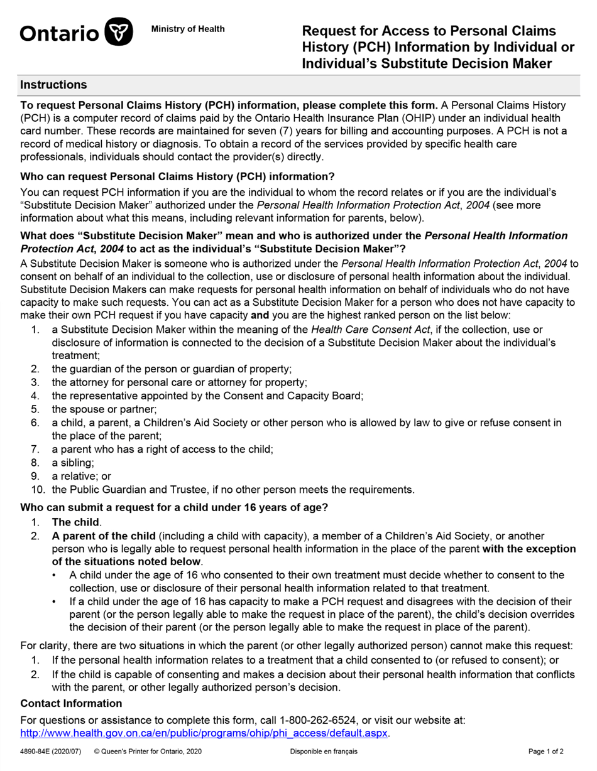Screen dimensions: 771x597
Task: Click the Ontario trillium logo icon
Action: (118, 32)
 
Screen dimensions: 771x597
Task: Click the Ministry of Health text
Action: (188, 29)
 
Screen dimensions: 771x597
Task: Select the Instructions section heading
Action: (53, 85)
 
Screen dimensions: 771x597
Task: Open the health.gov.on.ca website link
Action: (204, 733)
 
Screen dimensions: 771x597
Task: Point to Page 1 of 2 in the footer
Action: (545, 752)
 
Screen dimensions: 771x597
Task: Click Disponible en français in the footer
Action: (324, 752)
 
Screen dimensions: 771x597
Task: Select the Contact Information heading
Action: (71, 703)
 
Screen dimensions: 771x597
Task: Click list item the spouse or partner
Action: (95, 409)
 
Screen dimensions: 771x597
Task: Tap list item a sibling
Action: (72, 463)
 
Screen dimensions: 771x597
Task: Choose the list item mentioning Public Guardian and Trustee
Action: (233, 490)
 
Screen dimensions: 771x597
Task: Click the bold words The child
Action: (75, 522)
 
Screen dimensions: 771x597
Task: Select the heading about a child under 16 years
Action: (174, 507)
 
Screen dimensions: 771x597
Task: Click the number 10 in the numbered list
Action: (37, 490)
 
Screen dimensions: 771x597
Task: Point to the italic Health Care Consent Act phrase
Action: (370, 330)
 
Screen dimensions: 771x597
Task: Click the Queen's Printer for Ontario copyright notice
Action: (148, 752)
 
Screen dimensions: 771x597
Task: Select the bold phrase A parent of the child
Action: (104, 536)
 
